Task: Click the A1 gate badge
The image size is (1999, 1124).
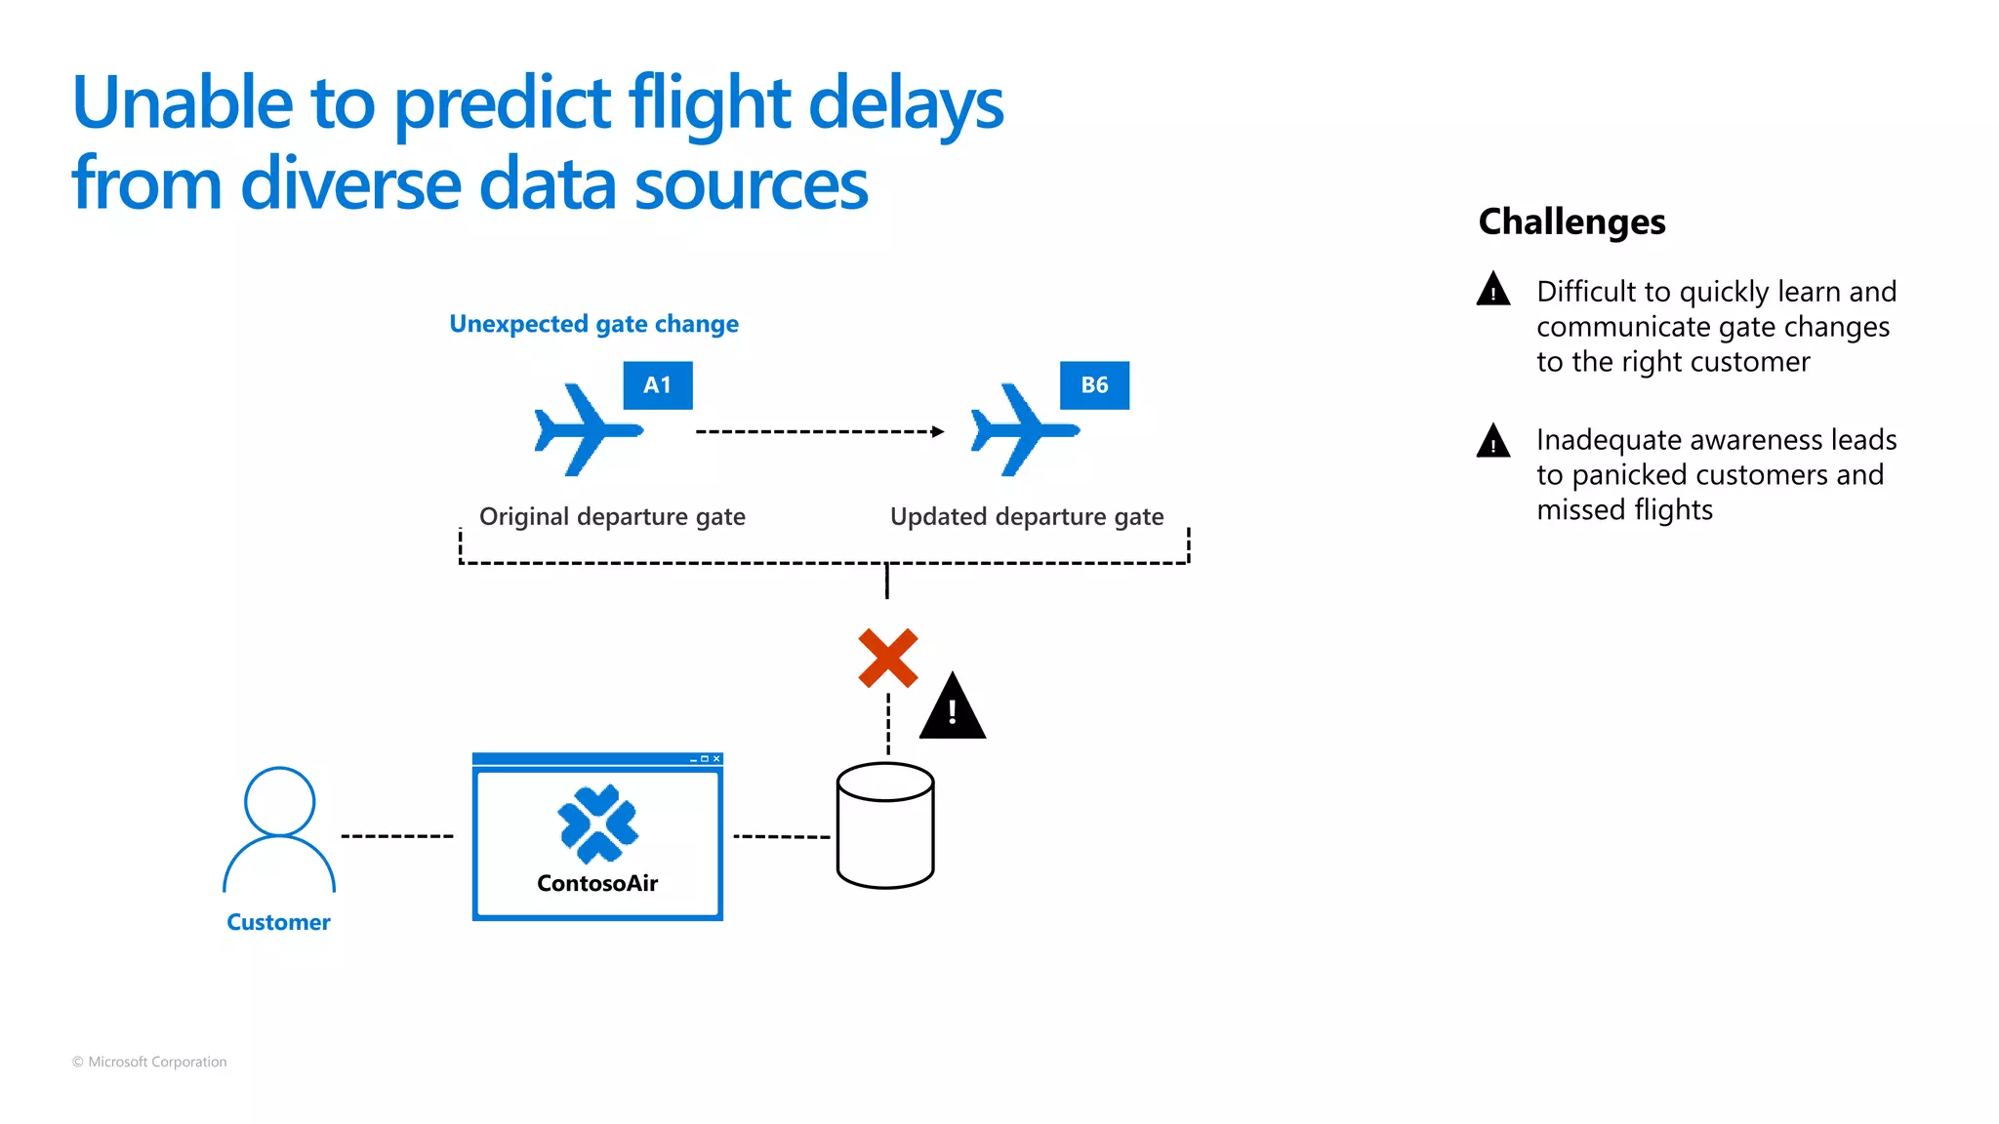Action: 658,385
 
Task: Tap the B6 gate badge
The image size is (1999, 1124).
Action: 1094,385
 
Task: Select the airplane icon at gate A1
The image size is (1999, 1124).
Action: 587,430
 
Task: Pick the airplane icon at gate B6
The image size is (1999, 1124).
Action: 1023,430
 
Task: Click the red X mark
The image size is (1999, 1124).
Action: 887,659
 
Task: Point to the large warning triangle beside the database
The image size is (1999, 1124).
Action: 953,708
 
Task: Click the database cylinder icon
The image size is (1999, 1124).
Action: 885,825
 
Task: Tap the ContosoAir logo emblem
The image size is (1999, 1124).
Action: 597,823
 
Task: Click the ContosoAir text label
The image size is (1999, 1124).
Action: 597,883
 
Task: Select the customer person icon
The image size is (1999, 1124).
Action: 279,829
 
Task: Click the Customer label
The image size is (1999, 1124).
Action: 278,922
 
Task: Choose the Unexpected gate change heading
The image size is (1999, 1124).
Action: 593,324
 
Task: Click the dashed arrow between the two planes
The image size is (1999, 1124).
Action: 820,431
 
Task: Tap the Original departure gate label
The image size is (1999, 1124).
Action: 612,516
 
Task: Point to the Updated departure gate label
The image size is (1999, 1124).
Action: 1027,516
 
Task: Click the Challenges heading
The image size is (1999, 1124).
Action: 1571,221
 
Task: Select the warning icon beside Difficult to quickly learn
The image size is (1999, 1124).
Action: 1493,290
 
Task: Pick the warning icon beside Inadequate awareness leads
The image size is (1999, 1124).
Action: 1493,441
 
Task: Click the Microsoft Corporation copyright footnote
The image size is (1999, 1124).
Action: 149,1062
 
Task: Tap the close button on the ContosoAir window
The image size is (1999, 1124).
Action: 716,758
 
